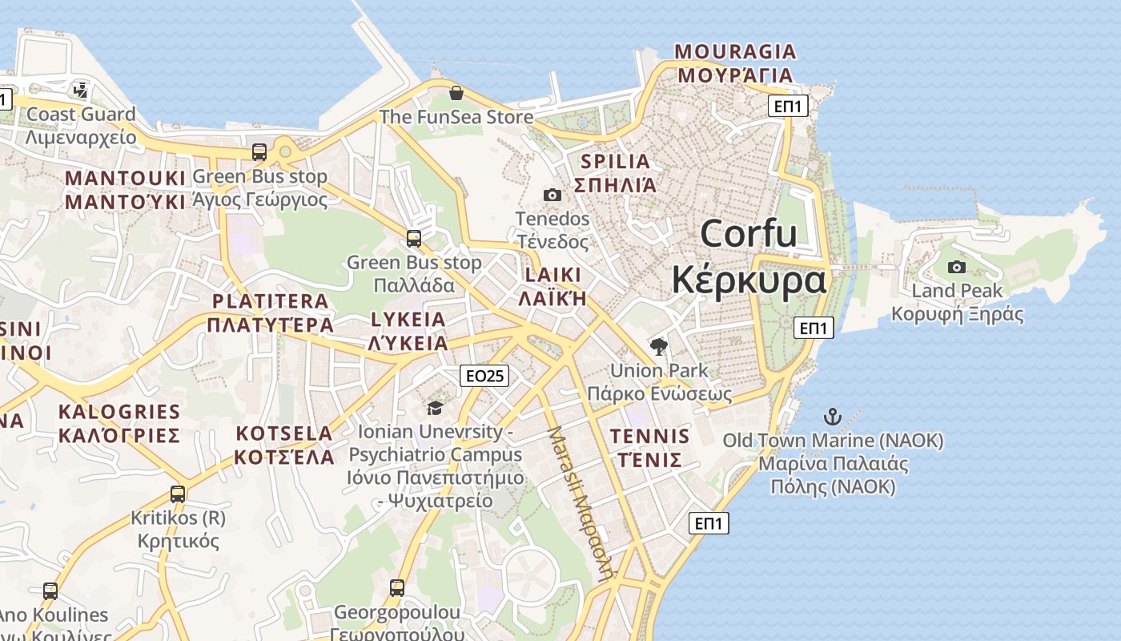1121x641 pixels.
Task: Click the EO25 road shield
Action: pos(484,376)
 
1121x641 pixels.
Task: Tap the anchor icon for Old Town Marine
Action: pos(833,417)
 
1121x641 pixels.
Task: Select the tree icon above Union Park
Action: pos(659,347)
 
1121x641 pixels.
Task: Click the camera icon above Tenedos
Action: pos(552,195)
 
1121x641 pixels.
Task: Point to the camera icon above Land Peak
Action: pos(956,267)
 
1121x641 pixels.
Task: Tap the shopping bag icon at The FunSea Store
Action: pos(456,94)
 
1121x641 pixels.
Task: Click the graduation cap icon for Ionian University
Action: pos(435,408)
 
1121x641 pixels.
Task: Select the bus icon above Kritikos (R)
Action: pos(178,494)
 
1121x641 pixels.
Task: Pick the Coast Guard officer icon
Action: pos(80,90)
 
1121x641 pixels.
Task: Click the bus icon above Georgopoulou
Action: pos(396,588)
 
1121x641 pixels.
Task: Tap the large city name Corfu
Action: pos(749,234)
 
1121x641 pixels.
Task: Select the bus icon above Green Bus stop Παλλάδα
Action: pos(413,238)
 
